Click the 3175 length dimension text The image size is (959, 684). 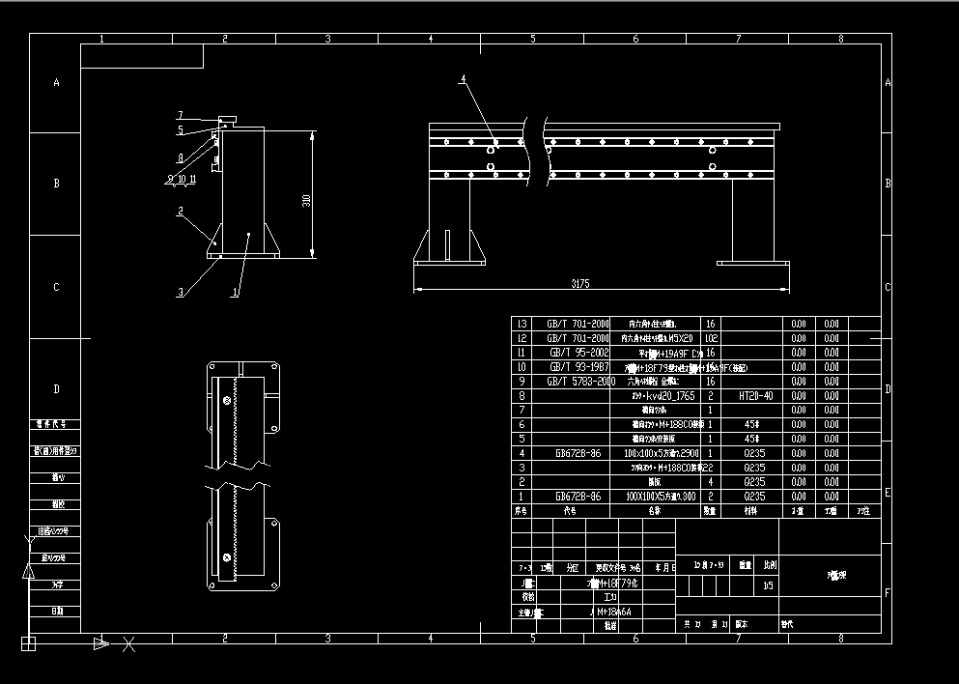tap(579, 284)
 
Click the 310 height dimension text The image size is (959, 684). tap(306, 200)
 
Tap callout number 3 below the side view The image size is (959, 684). tap(179, 291)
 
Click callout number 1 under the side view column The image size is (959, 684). tap(237, 291)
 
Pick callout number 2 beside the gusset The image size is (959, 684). tap(180, 210)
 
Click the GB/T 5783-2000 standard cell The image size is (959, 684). tap(578, 381)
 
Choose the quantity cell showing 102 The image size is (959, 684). tap(710, 338)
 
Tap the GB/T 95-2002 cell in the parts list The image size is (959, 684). tap(578, 353)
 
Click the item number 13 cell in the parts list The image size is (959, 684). tap(522, 324)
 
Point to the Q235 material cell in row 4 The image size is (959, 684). tap(754, 452)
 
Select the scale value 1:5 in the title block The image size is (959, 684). tap(768, 584)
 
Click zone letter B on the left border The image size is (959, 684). tap(56, 183)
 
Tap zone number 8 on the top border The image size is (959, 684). tap(840, 39)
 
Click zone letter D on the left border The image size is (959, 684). tap(56, 389)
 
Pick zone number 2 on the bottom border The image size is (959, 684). tap(225, 639)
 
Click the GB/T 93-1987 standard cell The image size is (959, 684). tap(578, 367)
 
